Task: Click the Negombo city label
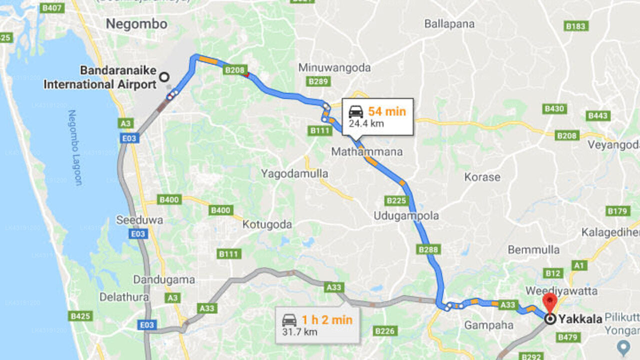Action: (x=136, y=23)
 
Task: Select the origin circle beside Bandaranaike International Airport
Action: (x=164, y=77)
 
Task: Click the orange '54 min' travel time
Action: (x=387, y=111)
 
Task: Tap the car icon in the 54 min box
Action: (x=356, y=111)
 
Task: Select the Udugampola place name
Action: (x=406, y=216)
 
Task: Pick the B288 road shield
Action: (x=428, y=249)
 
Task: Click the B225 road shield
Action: (x=396, y=200)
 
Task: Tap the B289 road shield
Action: (x=317, y=81)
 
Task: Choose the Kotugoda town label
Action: (x=267, y=224)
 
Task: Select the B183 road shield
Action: (x=576, y=26)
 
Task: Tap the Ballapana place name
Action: (x=449, y=23)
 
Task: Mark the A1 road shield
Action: (x=579, y=265)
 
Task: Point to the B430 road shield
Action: (x=554, y=108)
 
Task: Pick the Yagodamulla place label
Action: (x=294, y=173)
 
